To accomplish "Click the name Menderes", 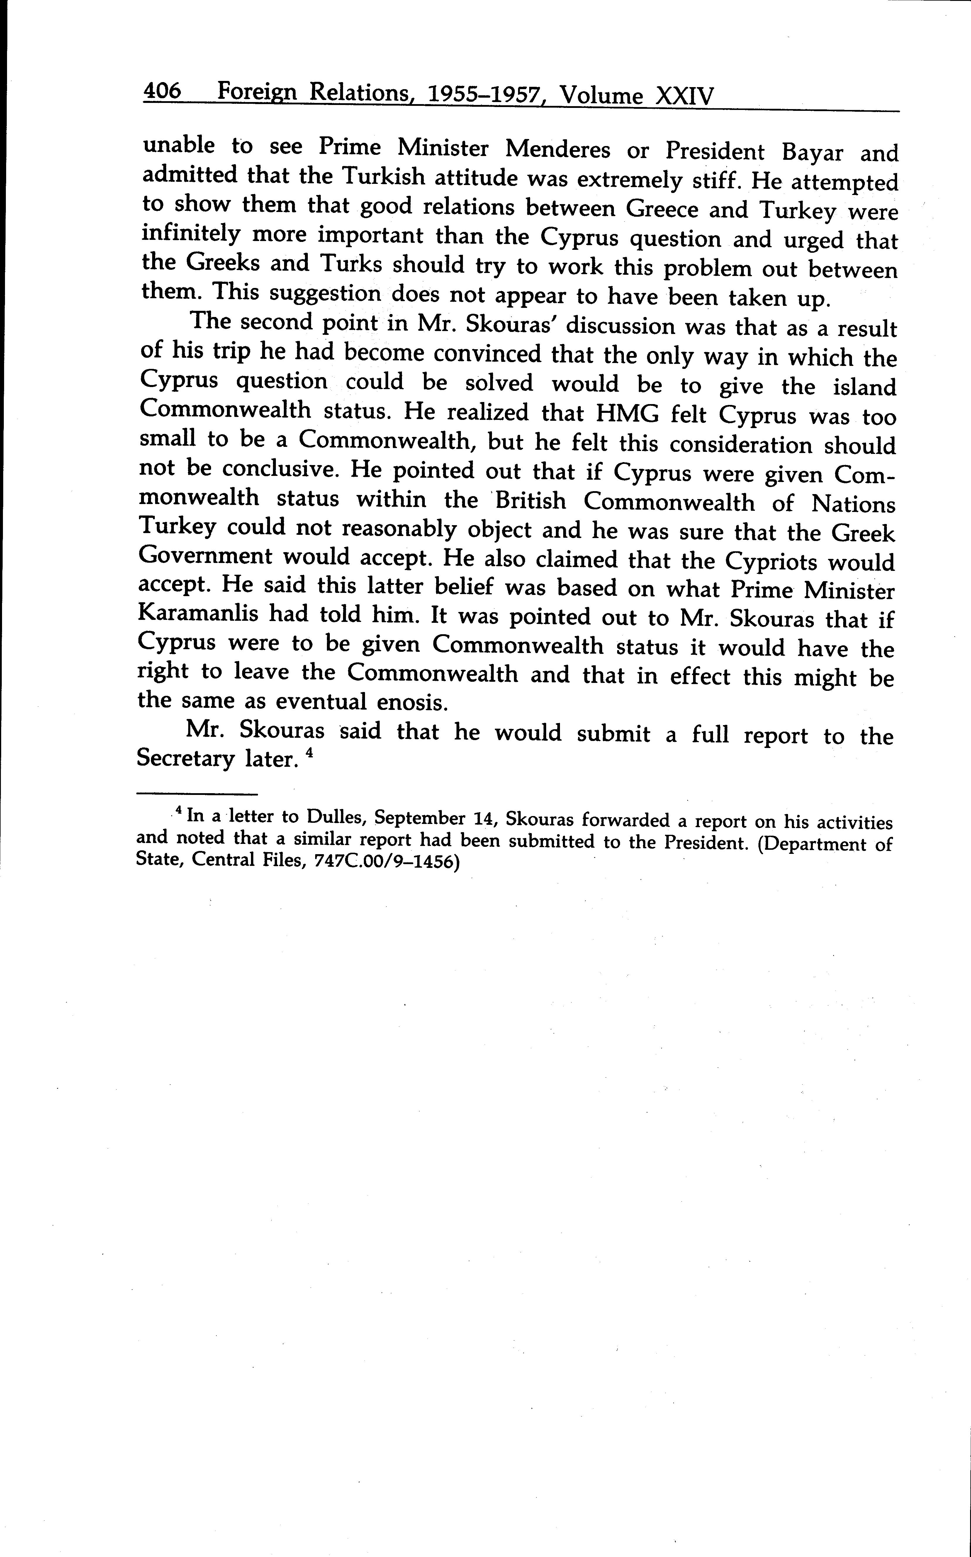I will point(557,150).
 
